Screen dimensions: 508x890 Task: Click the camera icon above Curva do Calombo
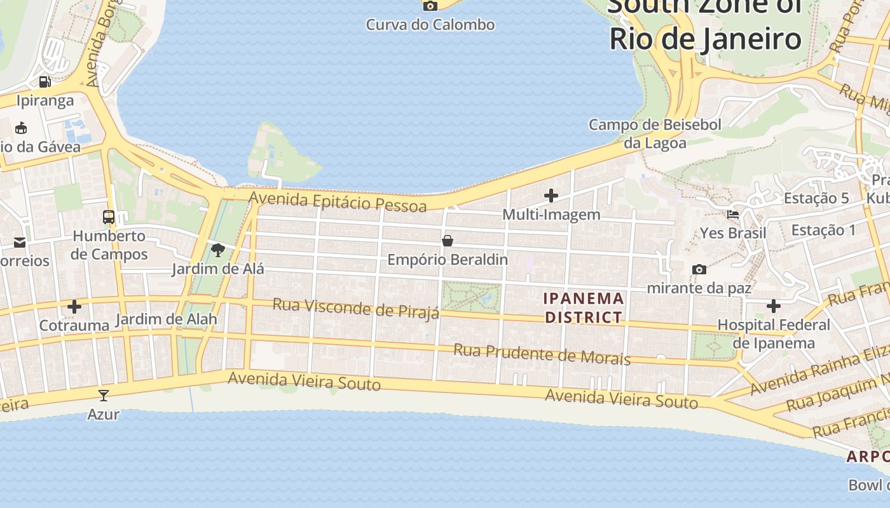(x=430, y=6)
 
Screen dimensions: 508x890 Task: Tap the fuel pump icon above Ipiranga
(x=44, y=81)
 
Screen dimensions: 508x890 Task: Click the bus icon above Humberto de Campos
(x=109, y=217)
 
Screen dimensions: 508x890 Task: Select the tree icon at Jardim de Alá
(x=218, y=250)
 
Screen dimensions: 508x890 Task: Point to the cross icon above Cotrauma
(x=74, y=307)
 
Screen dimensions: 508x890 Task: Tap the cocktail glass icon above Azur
(x=104, y=396)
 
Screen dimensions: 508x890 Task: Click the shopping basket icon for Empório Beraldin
(x=448, y=241)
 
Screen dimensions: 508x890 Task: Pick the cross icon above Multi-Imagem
(x=551, y=196)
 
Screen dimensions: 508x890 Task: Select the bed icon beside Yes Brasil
(x=733, y=215)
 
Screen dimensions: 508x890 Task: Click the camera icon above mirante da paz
(x=699, y=269)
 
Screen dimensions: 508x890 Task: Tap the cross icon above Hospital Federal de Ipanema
(x=773, y=306)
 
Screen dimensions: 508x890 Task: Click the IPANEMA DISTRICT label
(x=584, y=307)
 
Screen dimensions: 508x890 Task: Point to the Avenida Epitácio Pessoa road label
(x=338, y=201)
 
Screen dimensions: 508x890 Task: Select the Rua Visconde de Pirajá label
(x=356, y=309)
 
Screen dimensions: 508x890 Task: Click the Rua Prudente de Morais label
(x=542, y=354)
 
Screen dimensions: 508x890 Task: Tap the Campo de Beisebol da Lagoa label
(x=655, y=133)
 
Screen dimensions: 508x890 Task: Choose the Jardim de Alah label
(x=167, y=319)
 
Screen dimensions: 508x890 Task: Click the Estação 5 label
(x=816, y=198)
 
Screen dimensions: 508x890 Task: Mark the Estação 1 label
(x=824, y=230)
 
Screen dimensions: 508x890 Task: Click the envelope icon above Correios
(x=20, y=242)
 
